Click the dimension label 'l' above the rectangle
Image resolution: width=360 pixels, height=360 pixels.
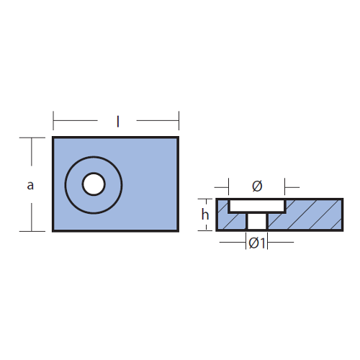pyautogui.click(x=117, y=122)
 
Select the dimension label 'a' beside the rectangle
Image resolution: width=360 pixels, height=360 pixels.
pyautogui.click(x=30, y=186)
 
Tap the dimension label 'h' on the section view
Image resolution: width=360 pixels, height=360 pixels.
pyautogui.click(x=205, y=215)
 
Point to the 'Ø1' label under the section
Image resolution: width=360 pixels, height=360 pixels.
pyautogui.click(x=257, y=243)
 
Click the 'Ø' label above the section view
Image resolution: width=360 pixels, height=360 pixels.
pyautogui.click(x=257, y=186)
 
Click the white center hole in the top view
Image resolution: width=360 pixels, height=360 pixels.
pyautogui.click(x=94, y=184)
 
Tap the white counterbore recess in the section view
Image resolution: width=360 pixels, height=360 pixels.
pyautogui.click(x=257, y=206)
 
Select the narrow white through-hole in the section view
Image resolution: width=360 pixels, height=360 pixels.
pyautogui.click(x=257, y=221)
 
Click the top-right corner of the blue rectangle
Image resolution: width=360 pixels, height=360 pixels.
pyautogui.click(x=179, y=137)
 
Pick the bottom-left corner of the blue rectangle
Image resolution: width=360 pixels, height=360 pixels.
pyautogui.click(x=53, y=231)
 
